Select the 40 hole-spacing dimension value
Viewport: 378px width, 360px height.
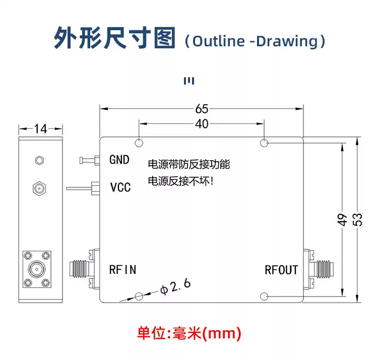202,124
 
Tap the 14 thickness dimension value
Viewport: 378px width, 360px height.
40,129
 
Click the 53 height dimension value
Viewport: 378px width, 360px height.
357,220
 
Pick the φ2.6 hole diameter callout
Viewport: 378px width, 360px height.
175,287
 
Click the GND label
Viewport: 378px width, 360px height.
119,160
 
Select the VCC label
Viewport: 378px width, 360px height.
120,188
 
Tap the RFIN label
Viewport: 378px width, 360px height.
122,269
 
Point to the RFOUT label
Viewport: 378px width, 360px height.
281,270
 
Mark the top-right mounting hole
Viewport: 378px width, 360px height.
264,143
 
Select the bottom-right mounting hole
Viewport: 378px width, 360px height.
264,296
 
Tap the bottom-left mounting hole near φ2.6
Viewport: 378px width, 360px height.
139,296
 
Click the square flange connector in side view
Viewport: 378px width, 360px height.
36,269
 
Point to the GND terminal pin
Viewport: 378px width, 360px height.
86,161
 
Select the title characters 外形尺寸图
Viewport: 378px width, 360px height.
115,39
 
